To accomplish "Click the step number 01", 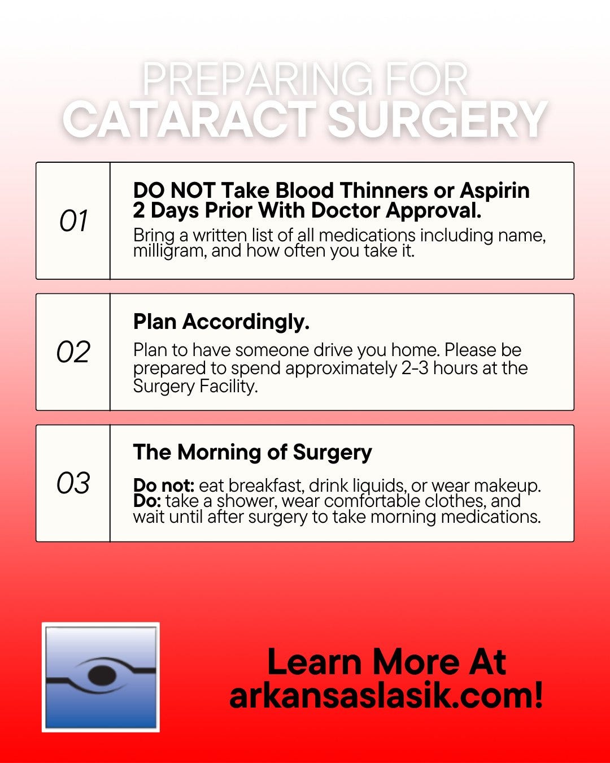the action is click(x=73, y=220).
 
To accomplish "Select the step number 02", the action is click(x=73, y=352).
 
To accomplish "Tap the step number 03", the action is click(x=73, y=483).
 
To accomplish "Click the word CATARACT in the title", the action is click(x=190, y=119).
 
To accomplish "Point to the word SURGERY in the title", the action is click(x=438, y=119).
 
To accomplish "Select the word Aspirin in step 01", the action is click(x=494, y=192).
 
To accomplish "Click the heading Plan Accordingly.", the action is click(x=221, y=322).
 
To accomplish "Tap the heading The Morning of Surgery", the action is click(x=252, y=453).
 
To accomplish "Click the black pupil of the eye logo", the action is click(x=102, y=675).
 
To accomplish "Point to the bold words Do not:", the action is click(x=164, y=485).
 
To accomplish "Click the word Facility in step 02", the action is click(x=228, y=386).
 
